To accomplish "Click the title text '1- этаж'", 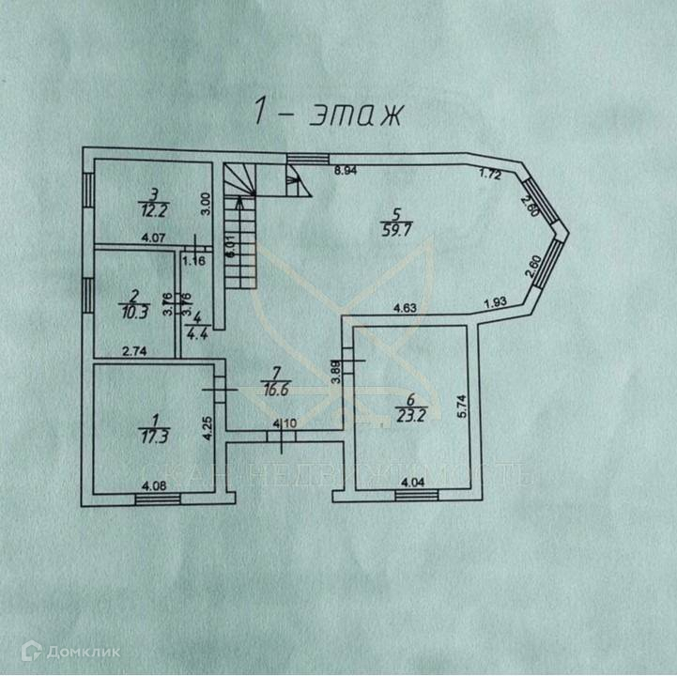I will (x=328, y=113).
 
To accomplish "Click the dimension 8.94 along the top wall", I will (x=347, y=171).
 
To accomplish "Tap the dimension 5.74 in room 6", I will (x=461, y=407).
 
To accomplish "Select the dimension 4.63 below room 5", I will (x=405, y=306).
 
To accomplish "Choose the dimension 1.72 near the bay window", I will (x=489, y=173).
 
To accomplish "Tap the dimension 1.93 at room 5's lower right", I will (x=497, y=300).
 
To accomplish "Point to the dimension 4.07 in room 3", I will (x=154, y=238).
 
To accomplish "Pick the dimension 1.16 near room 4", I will (x=195, y=260).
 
